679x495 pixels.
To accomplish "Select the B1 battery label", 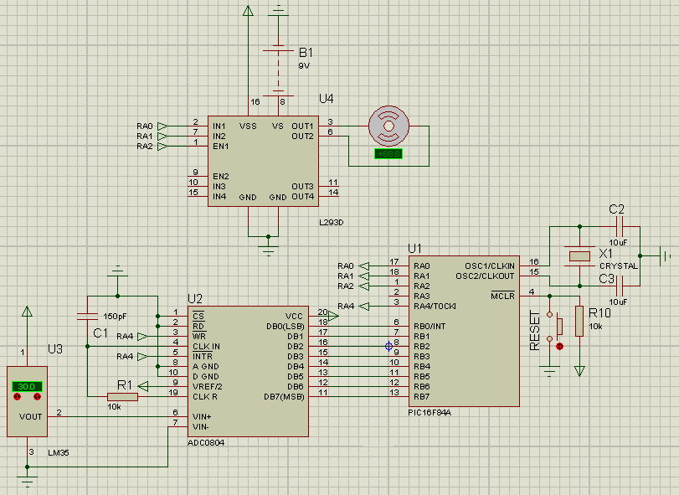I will [306, 51].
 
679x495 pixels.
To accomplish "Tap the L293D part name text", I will [332, 223].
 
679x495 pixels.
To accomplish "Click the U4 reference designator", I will [326, 99].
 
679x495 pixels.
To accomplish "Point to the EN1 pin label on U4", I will [219, 146].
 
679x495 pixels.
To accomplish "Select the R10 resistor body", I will [579, 321].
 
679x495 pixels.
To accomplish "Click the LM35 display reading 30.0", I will [28, 387].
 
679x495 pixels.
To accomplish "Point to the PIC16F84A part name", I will [430, 411].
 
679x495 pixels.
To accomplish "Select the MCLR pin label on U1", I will [502, 295].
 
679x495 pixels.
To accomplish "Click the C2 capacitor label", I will [616, 209].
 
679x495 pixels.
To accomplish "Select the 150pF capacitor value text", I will [116, 317].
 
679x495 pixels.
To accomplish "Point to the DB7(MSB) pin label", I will [283, 396].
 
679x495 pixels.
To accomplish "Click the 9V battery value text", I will [304, 65].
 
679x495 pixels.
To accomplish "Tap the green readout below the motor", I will [389, 154].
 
